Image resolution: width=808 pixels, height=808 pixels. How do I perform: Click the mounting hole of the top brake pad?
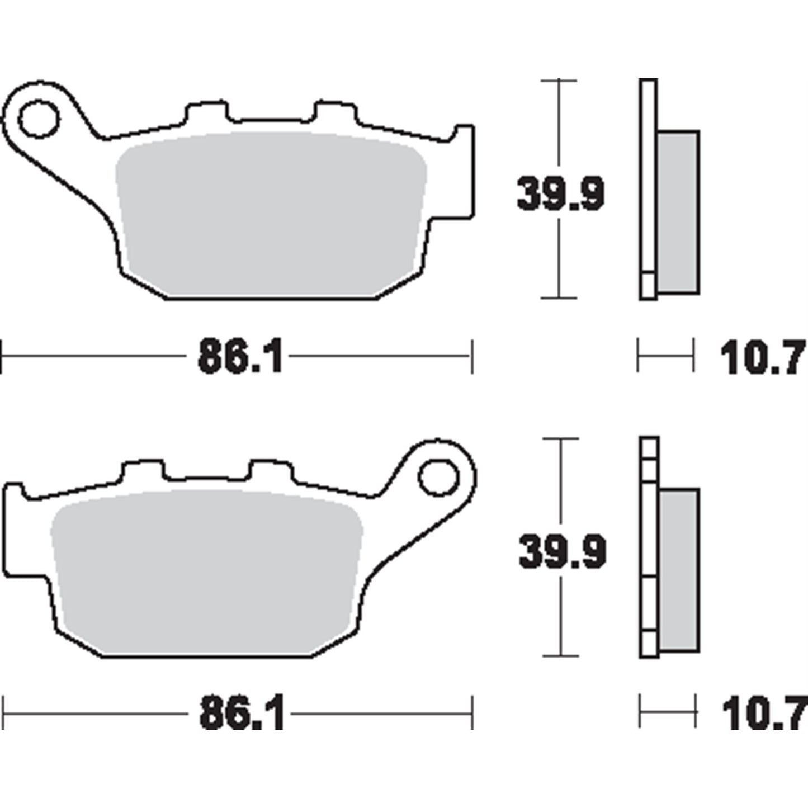pos(39,119)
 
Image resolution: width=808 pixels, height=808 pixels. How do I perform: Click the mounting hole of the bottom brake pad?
pos(438,478)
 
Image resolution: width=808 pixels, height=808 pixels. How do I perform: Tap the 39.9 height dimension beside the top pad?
pos(561,193)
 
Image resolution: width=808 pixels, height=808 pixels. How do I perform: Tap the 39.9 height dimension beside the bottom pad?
pos(563,552)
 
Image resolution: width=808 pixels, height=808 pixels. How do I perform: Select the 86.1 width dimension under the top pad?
pos(240,356)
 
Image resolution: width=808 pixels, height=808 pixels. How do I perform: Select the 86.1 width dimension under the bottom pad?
pos(242,714)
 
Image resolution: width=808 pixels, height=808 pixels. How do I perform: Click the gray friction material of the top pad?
pos(271,214)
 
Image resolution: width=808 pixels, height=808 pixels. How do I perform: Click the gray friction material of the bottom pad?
pos(206,573)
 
